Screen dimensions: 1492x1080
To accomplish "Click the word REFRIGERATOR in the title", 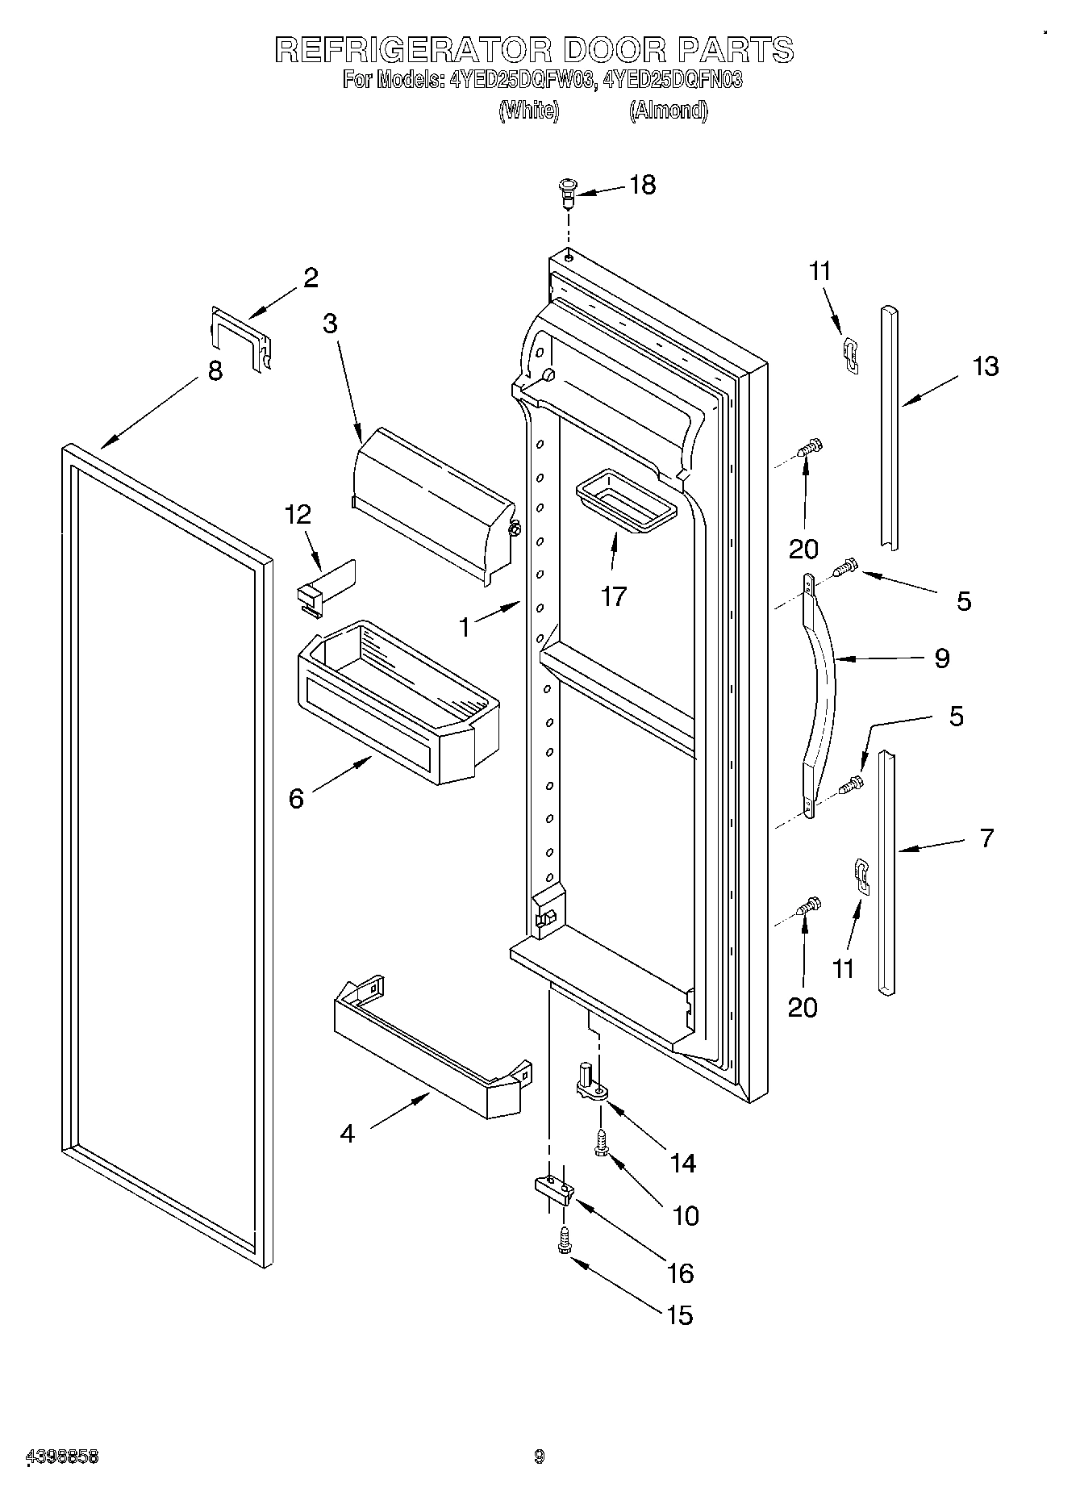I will click(413, 50).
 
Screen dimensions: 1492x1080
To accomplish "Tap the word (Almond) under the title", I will click(669, 110).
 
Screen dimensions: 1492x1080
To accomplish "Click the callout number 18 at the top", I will click(642, 185).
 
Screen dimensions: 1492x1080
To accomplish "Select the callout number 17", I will click(613, 596).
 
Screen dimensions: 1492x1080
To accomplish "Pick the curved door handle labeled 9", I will click(819, 693).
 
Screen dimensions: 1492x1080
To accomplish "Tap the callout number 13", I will click(985, 366).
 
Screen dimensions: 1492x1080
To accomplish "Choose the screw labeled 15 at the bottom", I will click(564, 1243).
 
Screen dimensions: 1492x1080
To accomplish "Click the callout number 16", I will click(680, 1273).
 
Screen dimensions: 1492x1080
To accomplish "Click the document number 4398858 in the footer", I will click(63, 1456).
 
